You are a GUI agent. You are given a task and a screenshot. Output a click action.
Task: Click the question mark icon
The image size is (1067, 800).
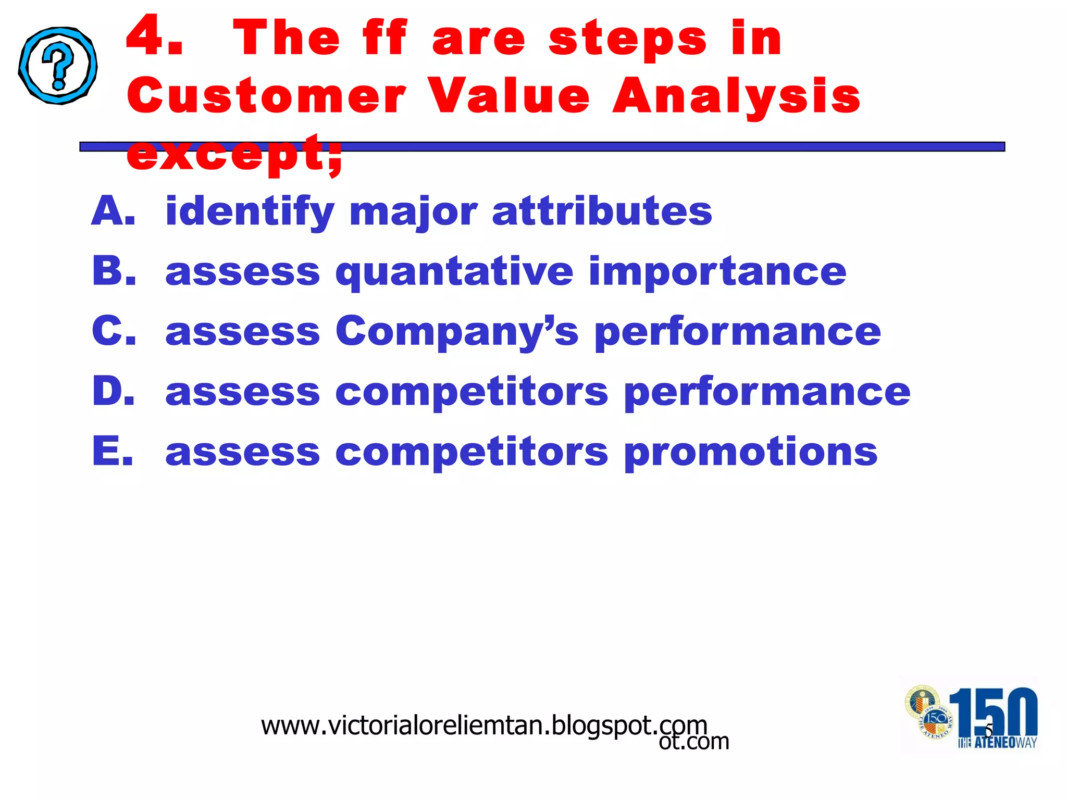58,66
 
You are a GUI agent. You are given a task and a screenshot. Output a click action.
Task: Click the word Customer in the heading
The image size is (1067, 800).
266,96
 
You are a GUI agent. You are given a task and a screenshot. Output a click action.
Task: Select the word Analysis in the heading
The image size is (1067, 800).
736,96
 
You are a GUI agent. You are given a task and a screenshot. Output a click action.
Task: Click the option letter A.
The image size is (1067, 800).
113,211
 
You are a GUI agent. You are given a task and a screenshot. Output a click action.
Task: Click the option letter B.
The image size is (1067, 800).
114,271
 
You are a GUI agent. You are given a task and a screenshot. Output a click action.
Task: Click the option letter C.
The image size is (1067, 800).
114,331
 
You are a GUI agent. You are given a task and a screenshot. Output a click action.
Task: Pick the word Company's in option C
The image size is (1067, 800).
456,332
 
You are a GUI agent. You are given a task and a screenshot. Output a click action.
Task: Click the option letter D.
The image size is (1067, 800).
114,391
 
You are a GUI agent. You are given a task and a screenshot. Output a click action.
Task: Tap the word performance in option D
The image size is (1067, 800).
766,392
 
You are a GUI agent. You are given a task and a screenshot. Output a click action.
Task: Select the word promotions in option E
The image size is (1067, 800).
750,452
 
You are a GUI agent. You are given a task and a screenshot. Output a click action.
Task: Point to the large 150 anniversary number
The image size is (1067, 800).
993,711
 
